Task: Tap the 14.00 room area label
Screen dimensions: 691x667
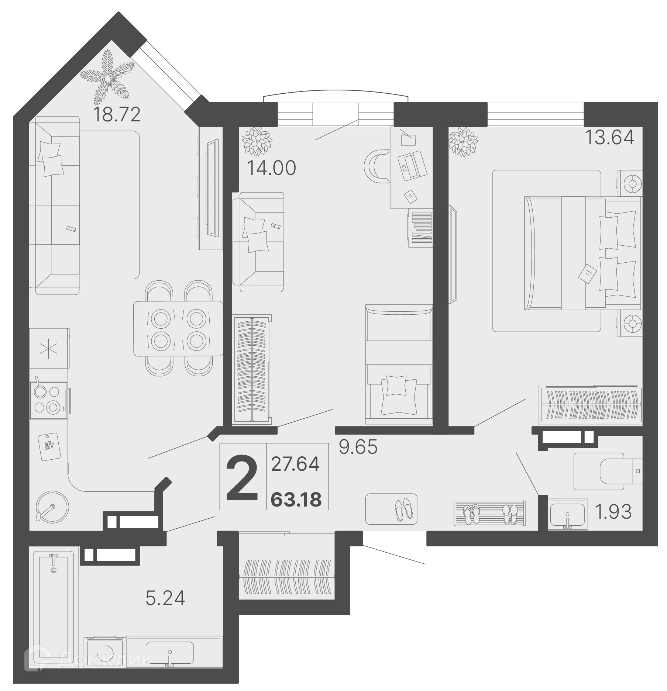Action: [x=271, y=168]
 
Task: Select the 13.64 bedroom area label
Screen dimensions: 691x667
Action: [x=609, y=138]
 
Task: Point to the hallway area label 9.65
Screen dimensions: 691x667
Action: [x=358, y=447]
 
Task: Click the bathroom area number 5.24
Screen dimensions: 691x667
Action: [x=165, y=598]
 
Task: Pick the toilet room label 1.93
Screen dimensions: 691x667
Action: [x=613, y=512]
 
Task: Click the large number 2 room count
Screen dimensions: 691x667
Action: [x=242, y=477]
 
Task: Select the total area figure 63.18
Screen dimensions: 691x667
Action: [x=296, y=500]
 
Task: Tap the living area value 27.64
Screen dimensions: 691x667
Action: [x=295, y=464]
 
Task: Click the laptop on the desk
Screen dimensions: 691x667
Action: [x=412, y=166]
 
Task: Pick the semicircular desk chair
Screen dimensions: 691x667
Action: [x=376, y=166]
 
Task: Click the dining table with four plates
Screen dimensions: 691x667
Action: [x=178, y=328]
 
